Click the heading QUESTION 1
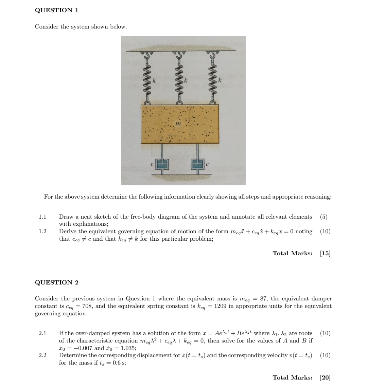(57, 10)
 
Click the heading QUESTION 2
(57, 282)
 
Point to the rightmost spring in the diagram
(212, 81)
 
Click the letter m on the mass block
(177, 125)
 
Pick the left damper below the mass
(162, 164)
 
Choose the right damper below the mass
(198, 164)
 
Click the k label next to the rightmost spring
(220, 81)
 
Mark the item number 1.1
(42, 217)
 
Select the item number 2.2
(42, 355)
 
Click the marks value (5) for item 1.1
(324, 217)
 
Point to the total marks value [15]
(325, 253)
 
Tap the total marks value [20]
(325, 377)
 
